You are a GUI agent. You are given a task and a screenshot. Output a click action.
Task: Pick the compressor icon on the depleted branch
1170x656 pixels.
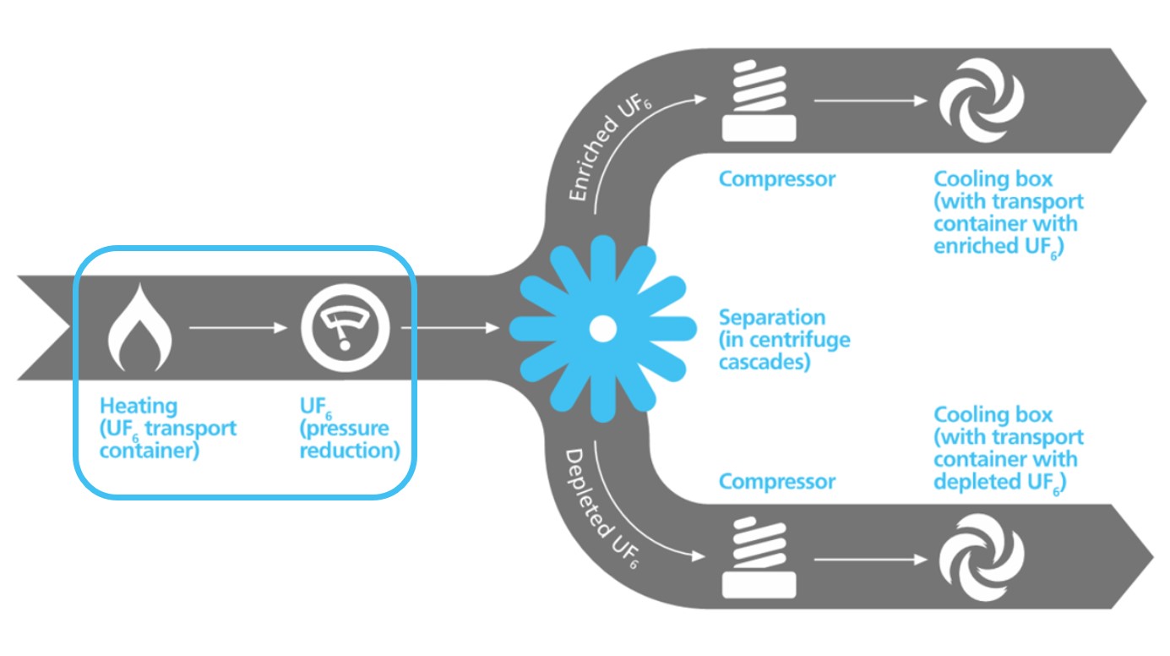759,558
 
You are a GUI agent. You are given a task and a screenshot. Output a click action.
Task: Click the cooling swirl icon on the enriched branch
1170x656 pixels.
982,101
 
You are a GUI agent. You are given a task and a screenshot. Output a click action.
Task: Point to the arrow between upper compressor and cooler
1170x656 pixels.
869,101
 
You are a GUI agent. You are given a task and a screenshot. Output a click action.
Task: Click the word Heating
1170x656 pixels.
139,406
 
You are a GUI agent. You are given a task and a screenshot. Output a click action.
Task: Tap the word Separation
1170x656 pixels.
771,318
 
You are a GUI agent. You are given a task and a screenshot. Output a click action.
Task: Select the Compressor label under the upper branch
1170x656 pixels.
776,179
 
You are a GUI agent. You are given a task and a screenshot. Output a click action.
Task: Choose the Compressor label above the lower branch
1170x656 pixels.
776,482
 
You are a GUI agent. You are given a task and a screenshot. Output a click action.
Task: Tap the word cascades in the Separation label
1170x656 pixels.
764,363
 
